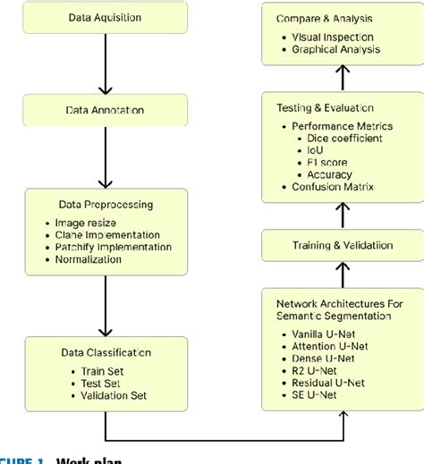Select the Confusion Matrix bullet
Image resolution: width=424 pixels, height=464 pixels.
(x=332, y=187)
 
